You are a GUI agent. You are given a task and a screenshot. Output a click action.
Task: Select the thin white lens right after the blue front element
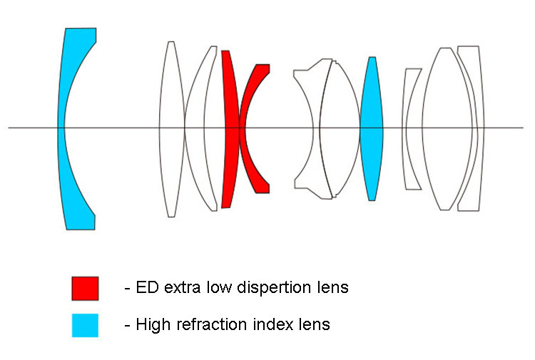pos(171,128)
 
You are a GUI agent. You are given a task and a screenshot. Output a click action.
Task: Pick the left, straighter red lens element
pos(230,128)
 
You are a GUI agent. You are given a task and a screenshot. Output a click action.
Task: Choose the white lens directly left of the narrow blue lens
pos(340,128)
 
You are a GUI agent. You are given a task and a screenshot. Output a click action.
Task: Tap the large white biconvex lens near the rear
pos(446,128)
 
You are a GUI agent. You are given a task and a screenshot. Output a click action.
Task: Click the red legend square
pos(85,288)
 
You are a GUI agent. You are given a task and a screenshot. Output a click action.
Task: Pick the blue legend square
pos(85,324)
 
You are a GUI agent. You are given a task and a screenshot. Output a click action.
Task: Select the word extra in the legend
pos(180,288)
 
